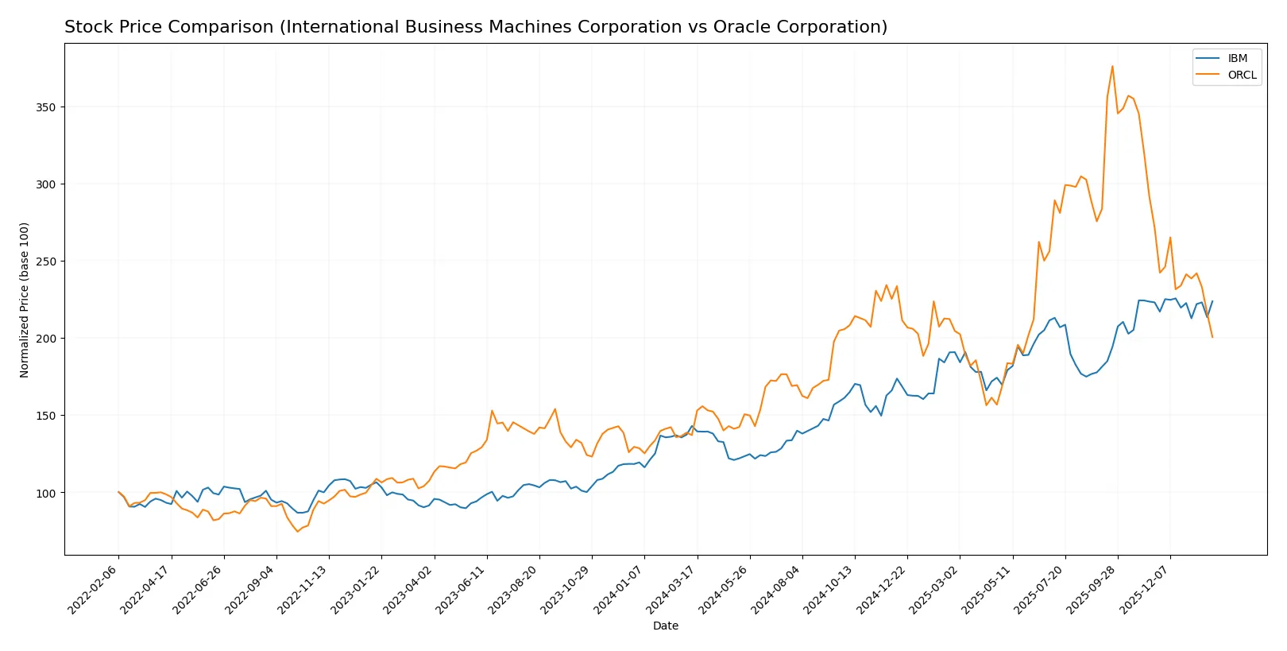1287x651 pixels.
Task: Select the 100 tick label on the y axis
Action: (x=45, y=493)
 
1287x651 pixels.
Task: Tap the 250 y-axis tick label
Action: (x=45, y=262)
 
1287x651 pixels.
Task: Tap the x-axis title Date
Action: (x=665, y=626)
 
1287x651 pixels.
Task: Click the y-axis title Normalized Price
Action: (x=25, y=300)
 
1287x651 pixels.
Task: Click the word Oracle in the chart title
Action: (x=740, y=27)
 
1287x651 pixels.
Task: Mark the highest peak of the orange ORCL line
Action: (x=1112, y=66)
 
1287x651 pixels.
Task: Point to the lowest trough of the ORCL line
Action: (x=298, y=531)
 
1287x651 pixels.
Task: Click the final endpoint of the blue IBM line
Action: (x=1212, y=301)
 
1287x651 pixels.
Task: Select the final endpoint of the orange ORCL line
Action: (x=1212, y=337)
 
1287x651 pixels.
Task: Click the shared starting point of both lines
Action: (x=118, y=492)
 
